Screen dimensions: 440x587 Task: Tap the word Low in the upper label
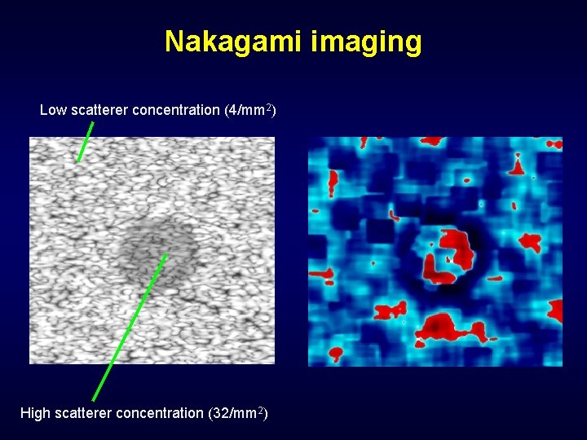(x=53, y=110)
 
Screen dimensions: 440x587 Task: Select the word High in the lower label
(x=35, y=413)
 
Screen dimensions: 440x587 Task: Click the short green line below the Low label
(x=86, y=141)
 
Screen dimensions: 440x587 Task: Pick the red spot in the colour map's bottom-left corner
(x=335, y=354)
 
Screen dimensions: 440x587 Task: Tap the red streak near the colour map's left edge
(x=333, y=183)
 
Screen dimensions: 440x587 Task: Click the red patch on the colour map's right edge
(x=556, y=310)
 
